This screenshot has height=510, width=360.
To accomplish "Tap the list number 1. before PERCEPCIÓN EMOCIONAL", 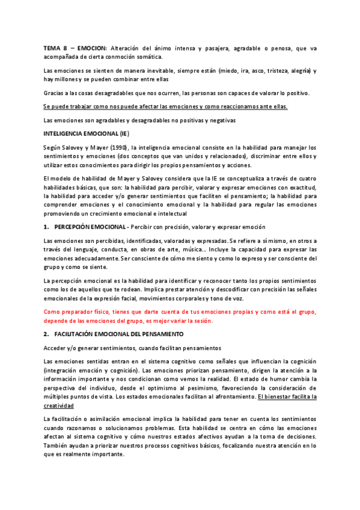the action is (47, 226).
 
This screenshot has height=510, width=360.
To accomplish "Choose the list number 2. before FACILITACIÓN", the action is (47, 333).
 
